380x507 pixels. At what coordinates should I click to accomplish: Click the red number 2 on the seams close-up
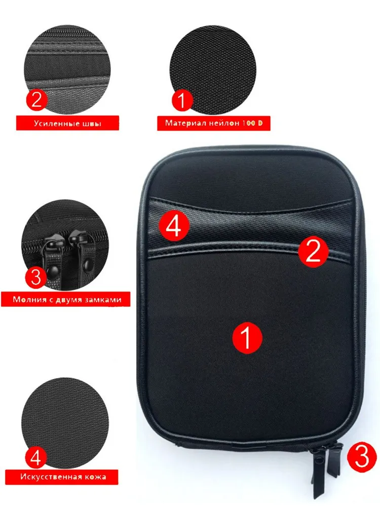(36, 99)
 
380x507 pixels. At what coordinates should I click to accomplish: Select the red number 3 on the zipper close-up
(36, 277)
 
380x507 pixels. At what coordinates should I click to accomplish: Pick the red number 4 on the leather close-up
(36, 457)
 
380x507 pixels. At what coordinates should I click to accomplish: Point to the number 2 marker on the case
(313, 252)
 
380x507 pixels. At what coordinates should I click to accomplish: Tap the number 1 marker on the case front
(247, 338)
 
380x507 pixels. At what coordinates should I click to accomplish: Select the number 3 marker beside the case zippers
(362, 457)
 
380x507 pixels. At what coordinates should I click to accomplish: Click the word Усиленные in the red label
(53, 124)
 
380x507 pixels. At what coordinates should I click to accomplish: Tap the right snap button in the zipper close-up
(87, 267)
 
